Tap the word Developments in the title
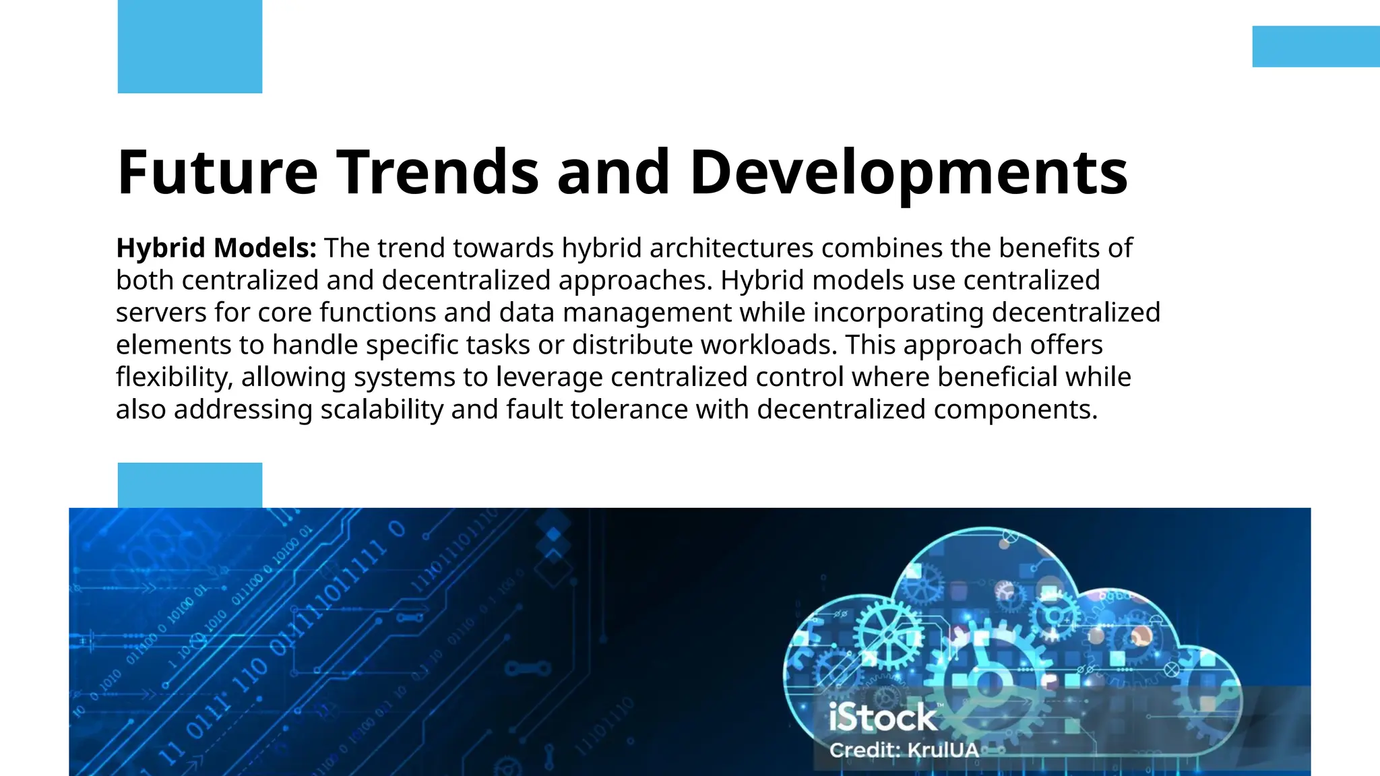908,174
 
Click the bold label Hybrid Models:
216,249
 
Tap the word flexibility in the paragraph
174,377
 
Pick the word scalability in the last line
381,410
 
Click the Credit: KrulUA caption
904,750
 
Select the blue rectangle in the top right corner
1315,46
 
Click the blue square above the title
189,46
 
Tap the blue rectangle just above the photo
189,485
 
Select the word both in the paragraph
145,281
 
